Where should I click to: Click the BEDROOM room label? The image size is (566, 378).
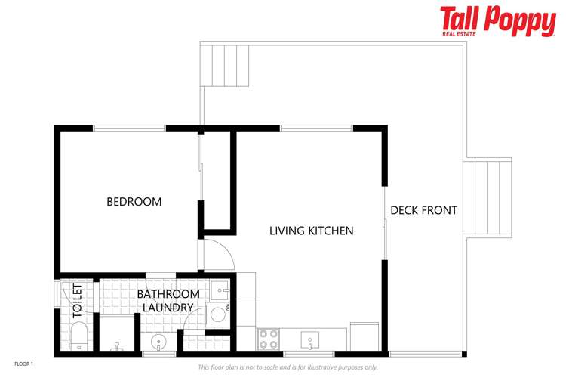[134, 202]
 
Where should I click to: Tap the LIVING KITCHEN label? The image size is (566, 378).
[311, 231]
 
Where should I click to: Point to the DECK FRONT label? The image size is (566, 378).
[423, 210]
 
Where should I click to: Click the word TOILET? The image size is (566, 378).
[77, 300]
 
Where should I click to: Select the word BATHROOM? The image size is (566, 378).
[168, 294]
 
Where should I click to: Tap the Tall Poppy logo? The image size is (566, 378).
[497, 20]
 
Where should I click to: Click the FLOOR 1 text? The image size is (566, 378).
[23, 364]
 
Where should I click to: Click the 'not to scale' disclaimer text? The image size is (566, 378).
[288, 367]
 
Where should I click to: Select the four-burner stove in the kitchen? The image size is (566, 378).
[268, 339]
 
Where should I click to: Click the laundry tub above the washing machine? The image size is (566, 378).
[220, 290]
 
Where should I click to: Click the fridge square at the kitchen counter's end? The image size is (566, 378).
[363, 336]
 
